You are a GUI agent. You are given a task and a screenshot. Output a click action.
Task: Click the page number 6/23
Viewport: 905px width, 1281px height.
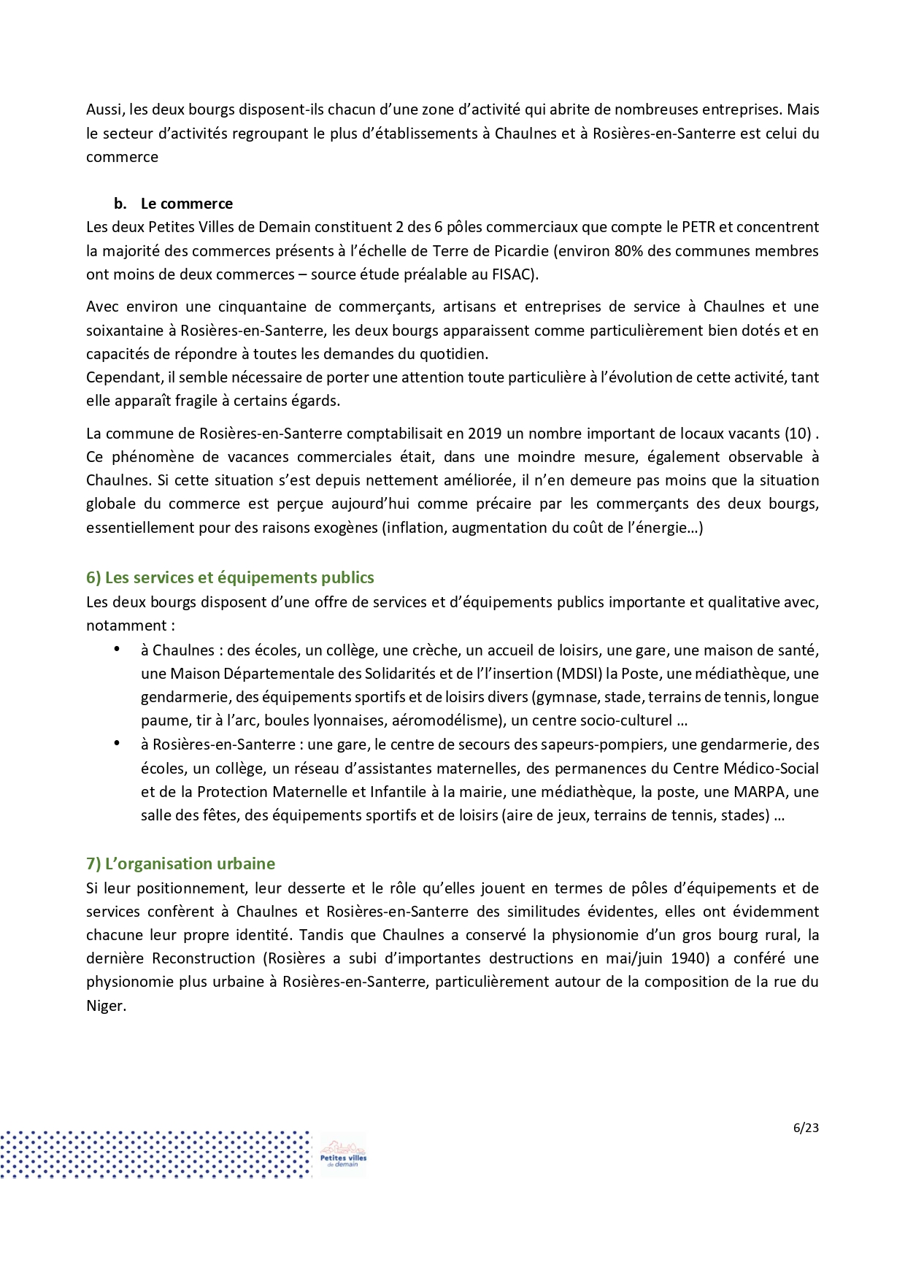coord(806,1128)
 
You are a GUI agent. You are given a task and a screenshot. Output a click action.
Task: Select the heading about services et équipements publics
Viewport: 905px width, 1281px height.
coord(230,577)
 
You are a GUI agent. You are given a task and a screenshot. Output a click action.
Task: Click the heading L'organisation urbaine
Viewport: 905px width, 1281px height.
coord(180,863)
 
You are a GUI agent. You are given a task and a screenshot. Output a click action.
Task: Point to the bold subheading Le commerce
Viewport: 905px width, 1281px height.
coord(186,204)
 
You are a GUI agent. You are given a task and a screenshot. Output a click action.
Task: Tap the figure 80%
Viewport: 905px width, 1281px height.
coord(628,251)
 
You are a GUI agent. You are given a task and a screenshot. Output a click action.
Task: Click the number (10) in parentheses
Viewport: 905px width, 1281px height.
coord(797,434)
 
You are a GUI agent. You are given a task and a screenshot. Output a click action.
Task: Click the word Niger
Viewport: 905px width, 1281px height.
coord(105,1006)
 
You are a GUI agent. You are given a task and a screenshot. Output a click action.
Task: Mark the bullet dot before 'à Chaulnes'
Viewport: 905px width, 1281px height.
coord(116,649)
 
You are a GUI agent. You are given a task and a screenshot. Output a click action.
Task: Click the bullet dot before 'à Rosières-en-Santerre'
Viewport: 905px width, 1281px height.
coord(116,743)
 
